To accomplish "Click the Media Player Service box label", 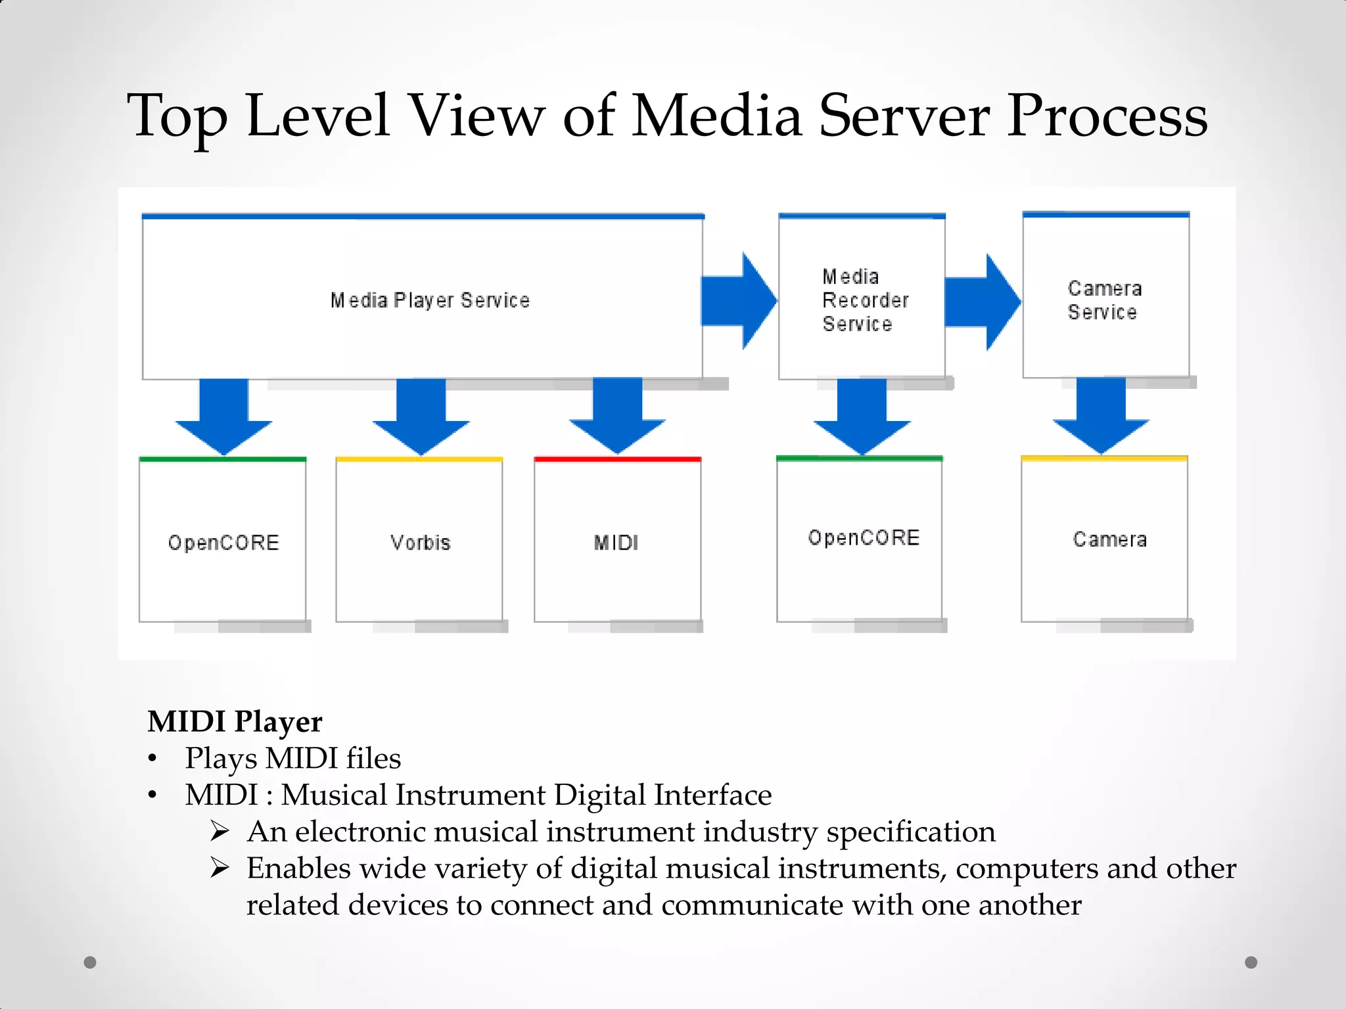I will pyautogui.click(x=430, y=300).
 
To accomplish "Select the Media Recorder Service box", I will pyautogui.click(x=862, y=300).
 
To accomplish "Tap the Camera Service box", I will pyautogui.click(x=1105, y=300).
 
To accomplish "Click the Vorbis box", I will pyautogui.click(x=419, y=542).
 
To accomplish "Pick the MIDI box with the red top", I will pyautogui.click(x=616, y=542).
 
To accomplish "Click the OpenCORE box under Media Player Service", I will pyautogui.click(x=223, y=542).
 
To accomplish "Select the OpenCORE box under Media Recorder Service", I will pyautogui.click(x=860, y=539).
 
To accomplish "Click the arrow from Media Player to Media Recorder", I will pyautogui.click(x=738, y=301).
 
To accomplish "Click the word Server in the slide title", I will pyautogui.click(x=904, y=116).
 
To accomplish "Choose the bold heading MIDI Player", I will pyautogui.click(x=235, y=721).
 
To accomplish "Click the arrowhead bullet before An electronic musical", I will pyautogui.click(x=220, y=832).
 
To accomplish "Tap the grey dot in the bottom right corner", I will pyautogui.click(x=1251, y=962).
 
